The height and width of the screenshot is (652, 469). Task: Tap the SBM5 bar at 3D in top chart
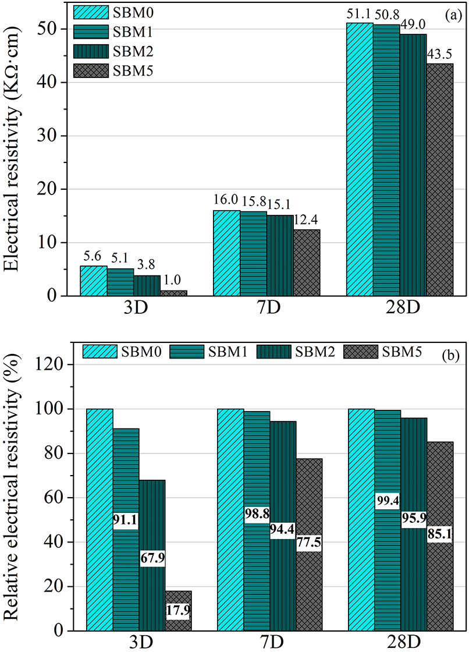coord(173,293)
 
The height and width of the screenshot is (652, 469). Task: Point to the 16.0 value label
coord(226,200)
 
